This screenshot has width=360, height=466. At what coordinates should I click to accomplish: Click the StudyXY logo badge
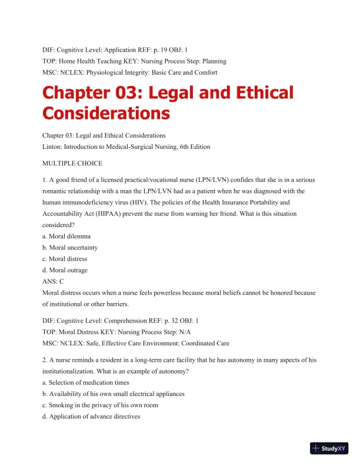(x=332, y=448)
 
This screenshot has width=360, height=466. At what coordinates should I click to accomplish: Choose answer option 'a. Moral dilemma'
(x=67, y=236)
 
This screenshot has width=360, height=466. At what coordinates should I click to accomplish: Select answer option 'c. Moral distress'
(x=65, y=259)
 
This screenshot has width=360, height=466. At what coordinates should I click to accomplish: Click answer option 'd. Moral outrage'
(x=65, y=270)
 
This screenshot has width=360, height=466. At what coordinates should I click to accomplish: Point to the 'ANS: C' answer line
(x=53, y=282)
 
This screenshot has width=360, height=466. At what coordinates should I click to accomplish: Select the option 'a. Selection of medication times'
(x=87, y=383)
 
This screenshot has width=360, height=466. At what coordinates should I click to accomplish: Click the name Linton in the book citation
(x=54, y=146)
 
